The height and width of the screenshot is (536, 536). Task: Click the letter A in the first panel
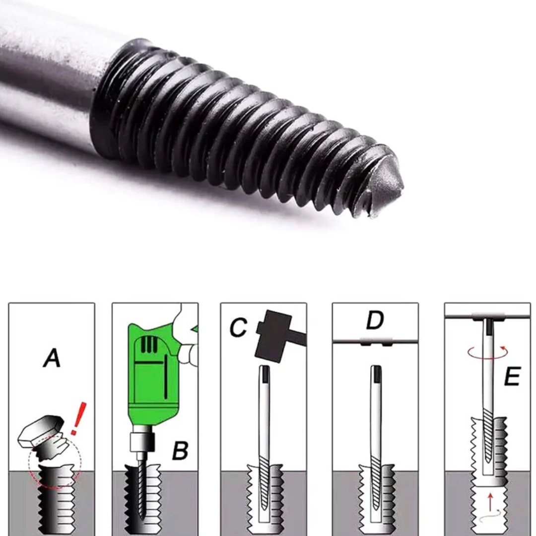coord(52,358)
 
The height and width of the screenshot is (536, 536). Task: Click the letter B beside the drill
coord(180,451)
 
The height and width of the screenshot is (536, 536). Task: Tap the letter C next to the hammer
coord(238,328)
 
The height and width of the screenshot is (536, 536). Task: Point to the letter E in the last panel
coord(512,377)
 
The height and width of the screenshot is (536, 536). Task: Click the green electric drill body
coord(151,377)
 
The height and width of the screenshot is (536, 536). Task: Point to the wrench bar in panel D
coord(375,341)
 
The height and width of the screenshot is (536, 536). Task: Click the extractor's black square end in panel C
coord(265,374)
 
